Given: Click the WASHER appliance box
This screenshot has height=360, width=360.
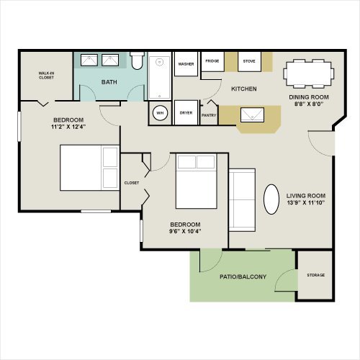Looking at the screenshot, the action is (x=186, y=64).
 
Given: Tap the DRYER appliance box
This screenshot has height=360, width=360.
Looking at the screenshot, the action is (x=186, y=112).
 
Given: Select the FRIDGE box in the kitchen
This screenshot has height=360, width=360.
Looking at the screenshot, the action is (x=212, y=61).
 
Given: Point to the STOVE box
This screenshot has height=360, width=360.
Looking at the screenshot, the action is (x=249, y=61).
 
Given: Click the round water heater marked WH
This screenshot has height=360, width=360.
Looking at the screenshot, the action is (x=160, y=113).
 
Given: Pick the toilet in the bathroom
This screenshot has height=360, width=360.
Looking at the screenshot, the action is (x=137, y=60).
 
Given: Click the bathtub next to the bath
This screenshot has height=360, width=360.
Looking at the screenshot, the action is (x=160, y=76).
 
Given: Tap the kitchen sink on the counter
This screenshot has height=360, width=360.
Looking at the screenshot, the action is (x=252, y=115).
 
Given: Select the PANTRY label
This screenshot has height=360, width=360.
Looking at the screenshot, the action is (x=209, y=115).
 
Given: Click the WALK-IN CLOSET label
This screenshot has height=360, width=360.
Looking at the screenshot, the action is (x=46, y=76).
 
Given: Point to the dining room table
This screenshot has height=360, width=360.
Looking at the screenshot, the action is (x=309, y=73).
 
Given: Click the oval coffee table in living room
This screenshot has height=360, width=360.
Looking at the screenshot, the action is (x=271, y=199).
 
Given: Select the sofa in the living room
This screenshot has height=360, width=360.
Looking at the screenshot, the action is (x=242, y=200).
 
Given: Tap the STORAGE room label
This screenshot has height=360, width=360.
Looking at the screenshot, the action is (x=316, y=275).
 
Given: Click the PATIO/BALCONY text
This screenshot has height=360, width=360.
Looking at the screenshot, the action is (x=243, y=276).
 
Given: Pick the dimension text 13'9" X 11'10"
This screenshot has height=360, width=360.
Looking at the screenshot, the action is (x=306, y=202).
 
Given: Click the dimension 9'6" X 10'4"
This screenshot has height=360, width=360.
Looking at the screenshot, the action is (x=185, y=231).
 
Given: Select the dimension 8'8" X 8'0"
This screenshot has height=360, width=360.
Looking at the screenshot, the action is (x=309, y=104).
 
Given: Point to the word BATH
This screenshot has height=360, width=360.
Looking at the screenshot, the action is (x=109, y=82).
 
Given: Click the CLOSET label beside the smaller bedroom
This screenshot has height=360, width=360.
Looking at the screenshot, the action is (x=132, y=183).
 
